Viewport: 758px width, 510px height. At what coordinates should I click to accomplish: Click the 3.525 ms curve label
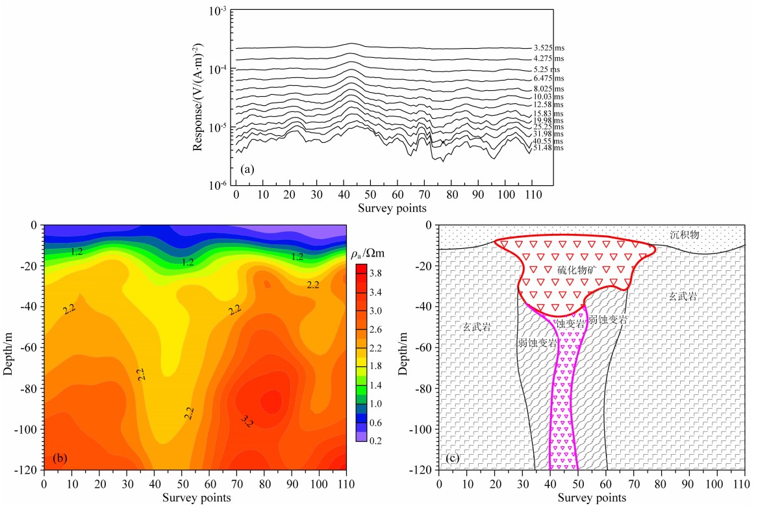coord(548,48)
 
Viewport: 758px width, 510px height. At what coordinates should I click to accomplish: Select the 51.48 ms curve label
coord(548,148)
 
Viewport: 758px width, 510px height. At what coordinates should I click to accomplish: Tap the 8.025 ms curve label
coord(548,88)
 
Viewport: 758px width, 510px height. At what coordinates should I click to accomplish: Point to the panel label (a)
coord(247,169)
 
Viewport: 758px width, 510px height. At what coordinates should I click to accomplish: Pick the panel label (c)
coord(453,459)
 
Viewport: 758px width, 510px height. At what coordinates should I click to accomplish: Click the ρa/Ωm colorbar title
coord(368,254)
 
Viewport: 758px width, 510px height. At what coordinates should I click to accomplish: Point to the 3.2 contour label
coord(247,422)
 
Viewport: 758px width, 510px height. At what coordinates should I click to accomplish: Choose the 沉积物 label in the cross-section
coord(685,235)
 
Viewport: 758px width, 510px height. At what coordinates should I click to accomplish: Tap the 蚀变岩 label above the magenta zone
coord(572,323)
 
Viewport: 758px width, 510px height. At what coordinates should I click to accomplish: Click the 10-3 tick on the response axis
coord(216,12)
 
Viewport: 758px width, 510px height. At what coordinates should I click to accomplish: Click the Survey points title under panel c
coord(592,498)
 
